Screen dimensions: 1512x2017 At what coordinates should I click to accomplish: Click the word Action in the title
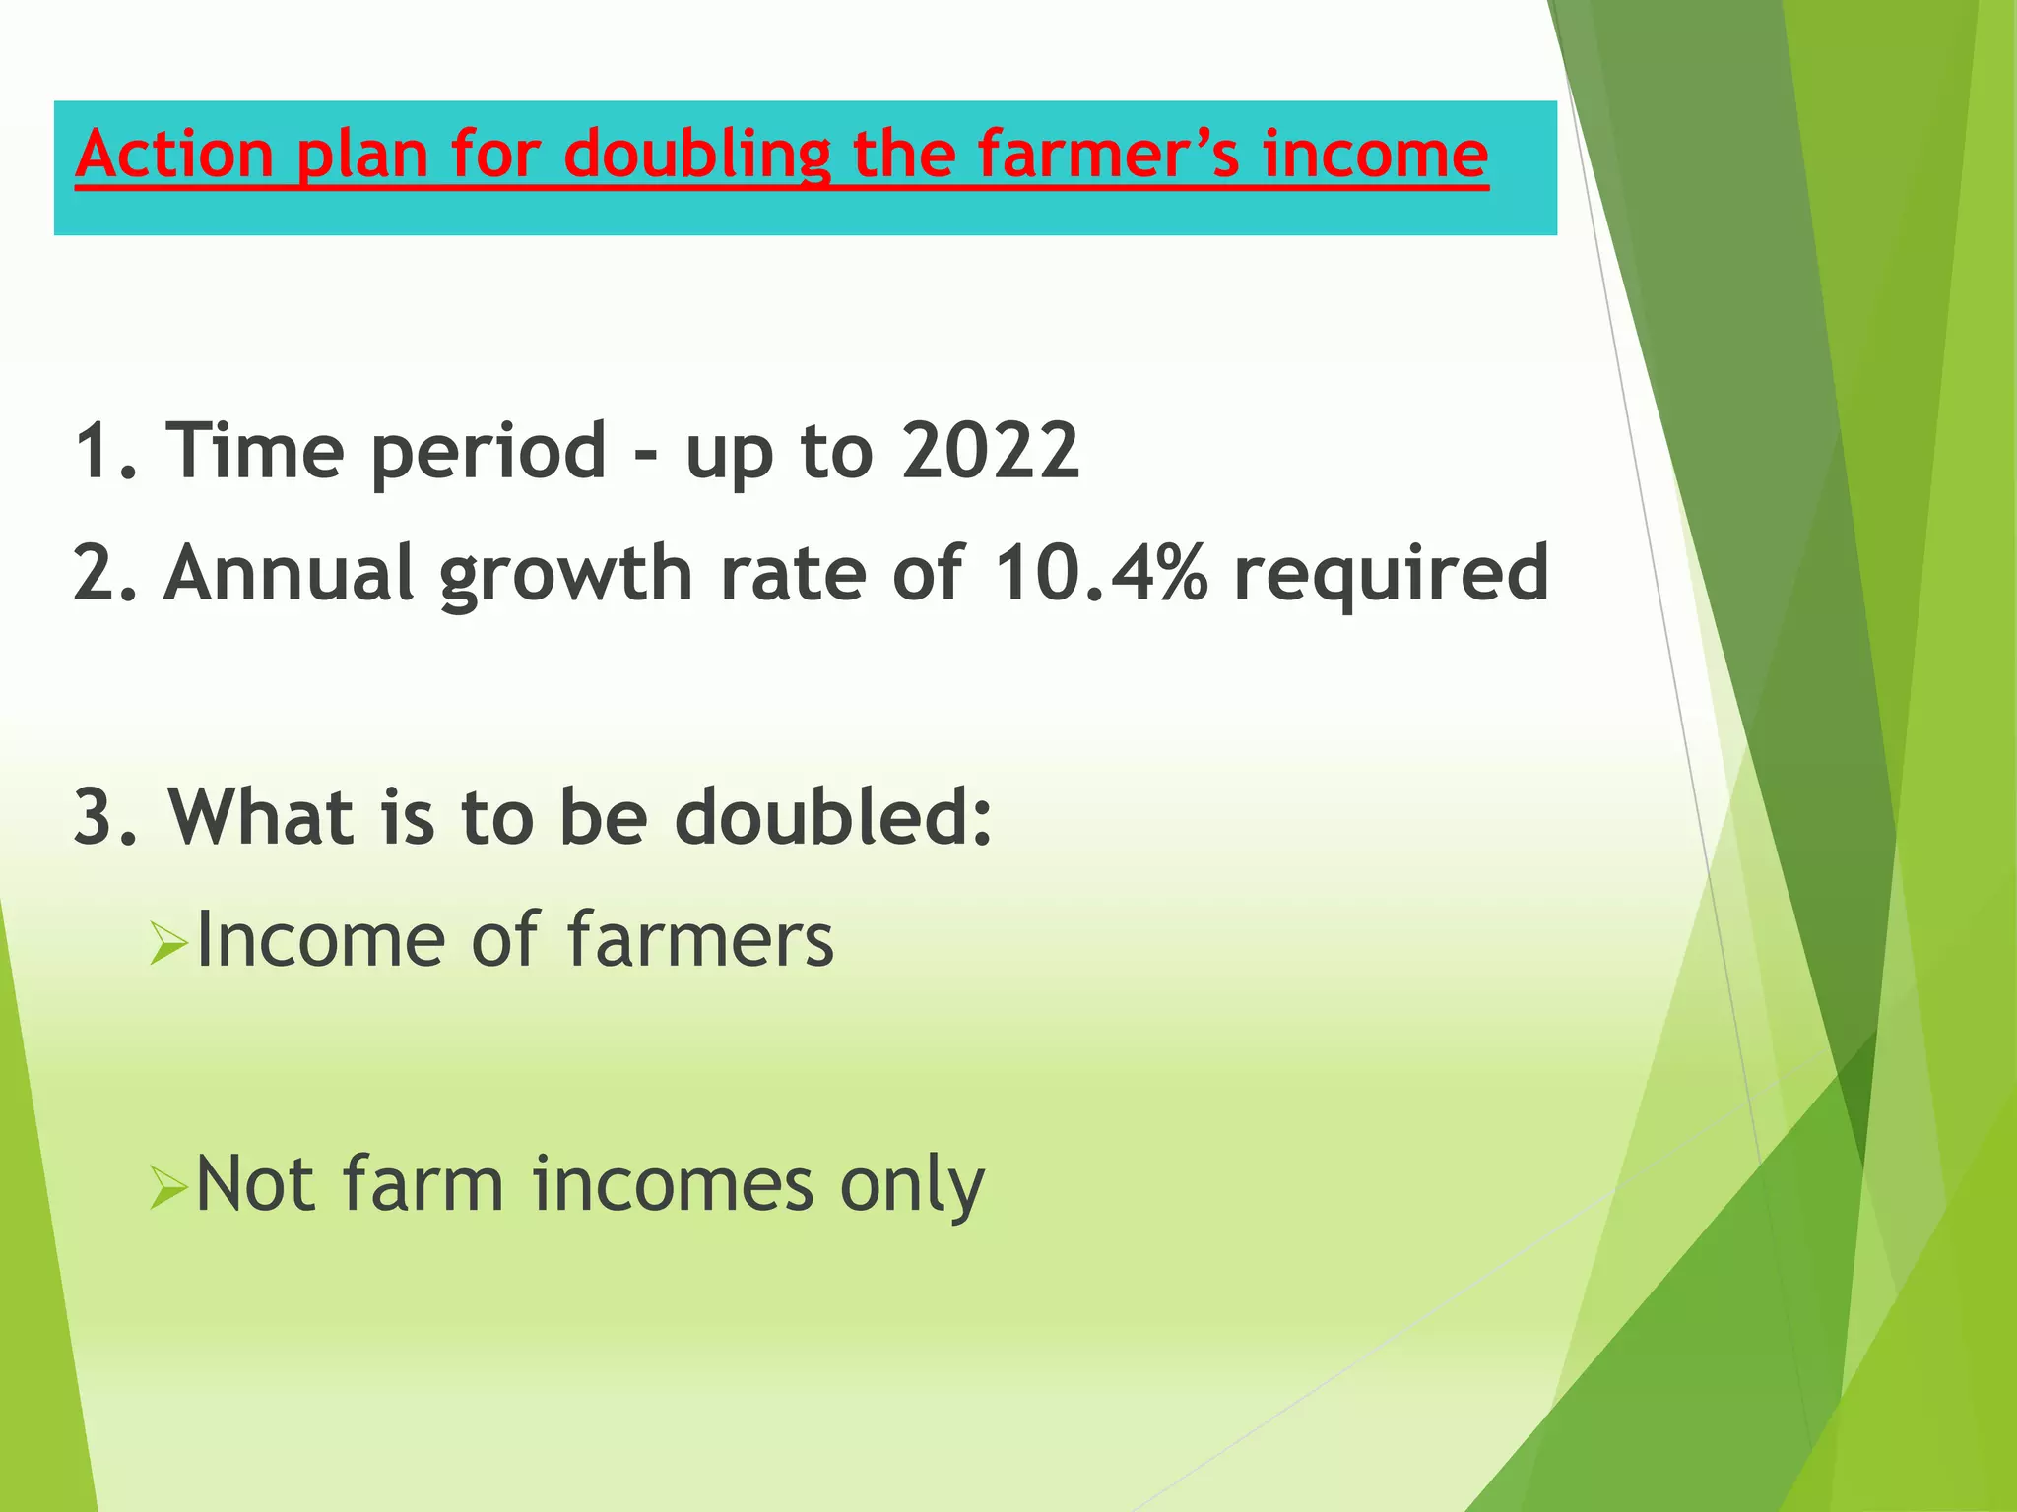(174, 155)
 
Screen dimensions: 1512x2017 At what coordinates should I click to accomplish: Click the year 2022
(990, 450)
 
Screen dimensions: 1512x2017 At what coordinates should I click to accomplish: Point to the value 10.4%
(1100, 573)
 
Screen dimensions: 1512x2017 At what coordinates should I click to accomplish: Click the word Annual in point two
(288, 573)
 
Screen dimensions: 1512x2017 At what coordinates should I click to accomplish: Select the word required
(1391, 575)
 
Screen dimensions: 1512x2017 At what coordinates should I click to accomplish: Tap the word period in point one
(488, 452)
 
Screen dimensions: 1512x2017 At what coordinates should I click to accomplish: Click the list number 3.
(96, 817)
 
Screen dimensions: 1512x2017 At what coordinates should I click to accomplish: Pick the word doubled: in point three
(832, 817)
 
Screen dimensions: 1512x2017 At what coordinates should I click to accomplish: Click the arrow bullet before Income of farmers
(167, 946)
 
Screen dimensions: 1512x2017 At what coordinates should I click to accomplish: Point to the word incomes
(673, 1184)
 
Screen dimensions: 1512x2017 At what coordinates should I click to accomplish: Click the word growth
(566, 575)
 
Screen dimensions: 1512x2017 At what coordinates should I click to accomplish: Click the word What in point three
(261, 817)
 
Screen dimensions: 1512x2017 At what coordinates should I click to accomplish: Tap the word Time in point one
(254, 450)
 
